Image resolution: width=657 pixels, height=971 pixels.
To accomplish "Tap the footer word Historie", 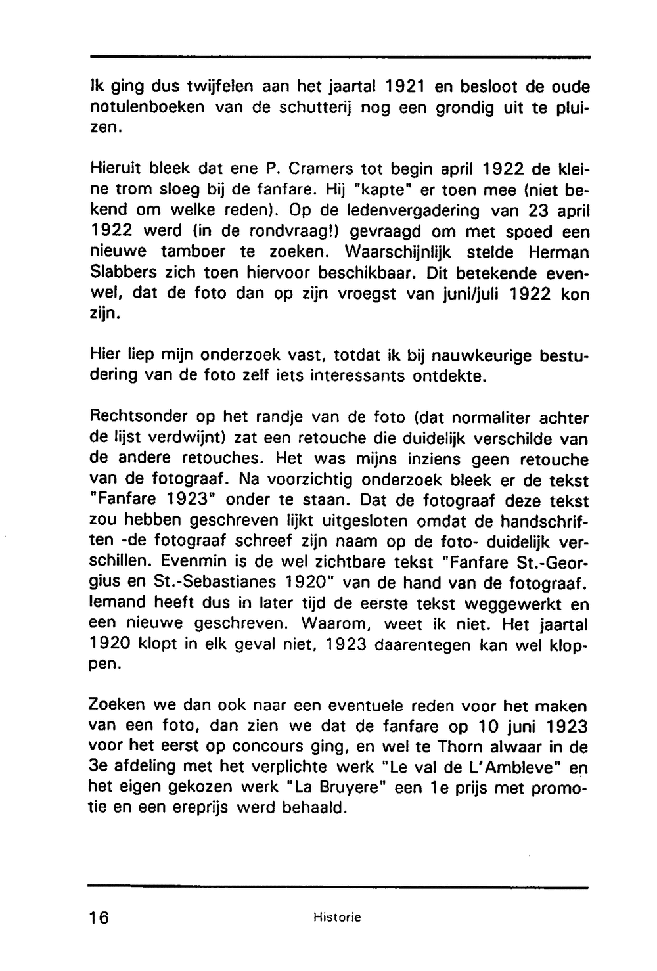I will coord(338,917).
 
